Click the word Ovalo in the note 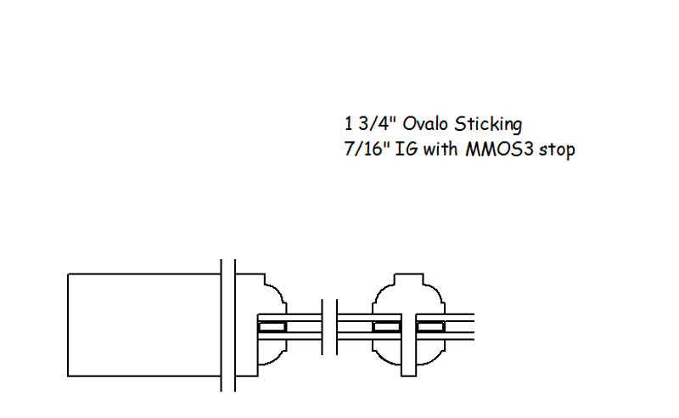click(425, 124)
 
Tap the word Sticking click(488, 125)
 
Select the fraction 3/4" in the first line click(378, 124)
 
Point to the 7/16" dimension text click(368, 150)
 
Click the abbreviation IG click(407, 150)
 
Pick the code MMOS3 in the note click(499, 150)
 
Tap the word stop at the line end click(557, 150)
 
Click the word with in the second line click(440, 150)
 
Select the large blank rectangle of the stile click(144, 325)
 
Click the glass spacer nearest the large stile click(272, 327)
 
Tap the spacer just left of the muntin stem click(387, 327)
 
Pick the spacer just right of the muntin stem click(430, 327)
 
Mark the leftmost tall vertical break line click(222, 325)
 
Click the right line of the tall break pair click(235, 325)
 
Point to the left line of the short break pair click(323, 327)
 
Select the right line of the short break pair click(337, 327)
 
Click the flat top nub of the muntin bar click(409, 280)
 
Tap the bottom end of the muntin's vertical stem click(409, 376)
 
